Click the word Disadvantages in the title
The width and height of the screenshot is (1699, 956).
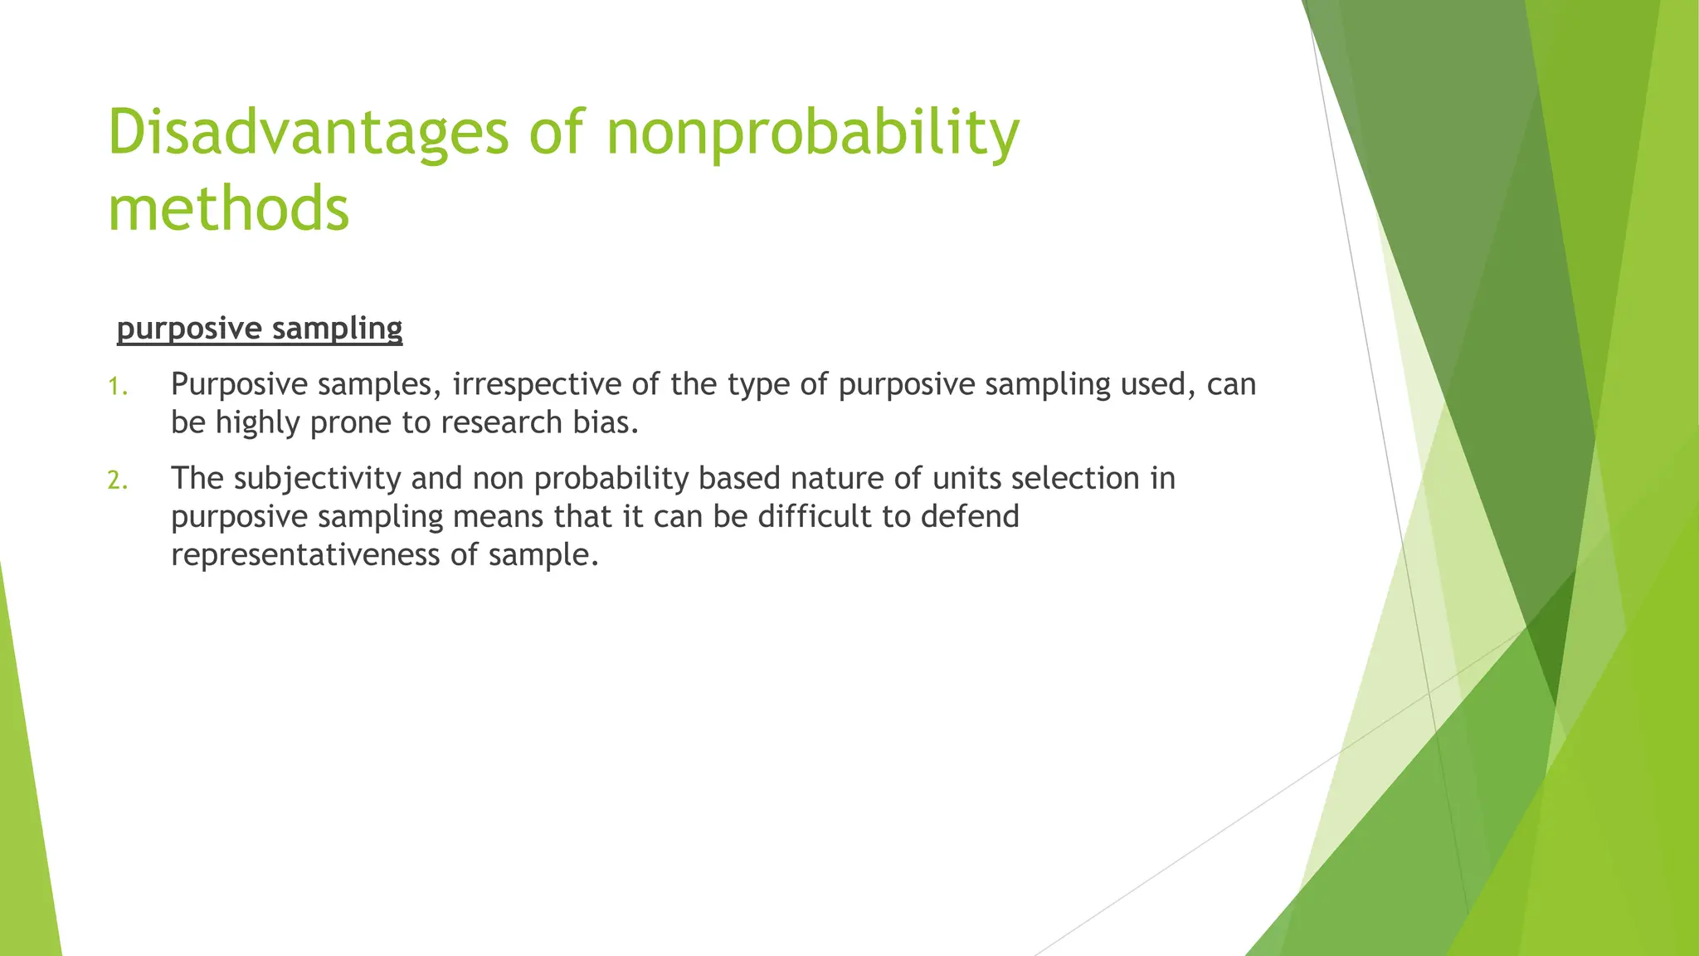pos(308,133)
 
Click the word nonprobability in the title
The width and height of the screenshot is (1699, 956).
pos(812,133)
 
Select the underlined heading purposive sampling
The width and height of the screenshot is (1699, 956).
pos(260,329)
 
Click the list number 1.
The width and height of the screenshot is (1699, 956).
pos(118,386)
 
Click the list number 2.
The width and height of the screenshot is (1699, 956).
pos(118,480)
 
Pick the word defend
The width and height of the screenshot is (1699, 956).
pos(970,516)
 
